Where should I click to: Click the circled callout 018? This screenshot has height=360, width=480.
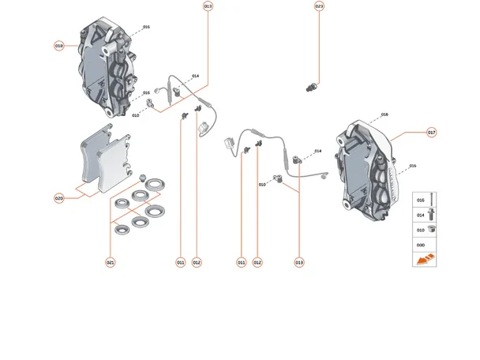(59, 47)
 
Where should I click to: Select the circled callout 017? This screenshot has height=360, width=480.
(432, 132)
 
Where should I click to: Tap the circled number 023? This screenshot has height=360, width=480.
(319, 6)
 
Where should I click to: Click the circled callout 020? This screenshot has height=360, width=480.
(59, 199)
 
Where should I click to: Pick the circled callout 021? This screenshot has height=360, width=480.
(111, 262)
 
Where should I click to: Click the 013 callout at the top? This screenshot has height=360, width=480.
(208, 6)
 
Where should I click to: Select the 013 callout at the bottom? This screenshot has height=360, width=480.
(299, 262)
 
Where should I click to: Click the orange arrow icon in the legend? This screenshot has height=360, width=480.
(424, 259)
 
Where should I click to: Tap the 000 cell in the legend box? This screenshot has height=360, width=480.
(420, 245)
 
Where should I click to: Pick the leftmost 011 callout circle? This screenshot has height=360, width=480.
(181, 262)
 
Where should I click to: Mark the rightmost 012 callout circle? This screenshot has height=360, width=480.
(257, 262)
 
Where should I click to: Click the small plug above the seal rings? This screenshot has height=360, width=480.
(143, 174)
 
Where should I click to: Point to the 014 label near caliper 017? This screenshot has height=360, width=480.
(318, 150)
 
